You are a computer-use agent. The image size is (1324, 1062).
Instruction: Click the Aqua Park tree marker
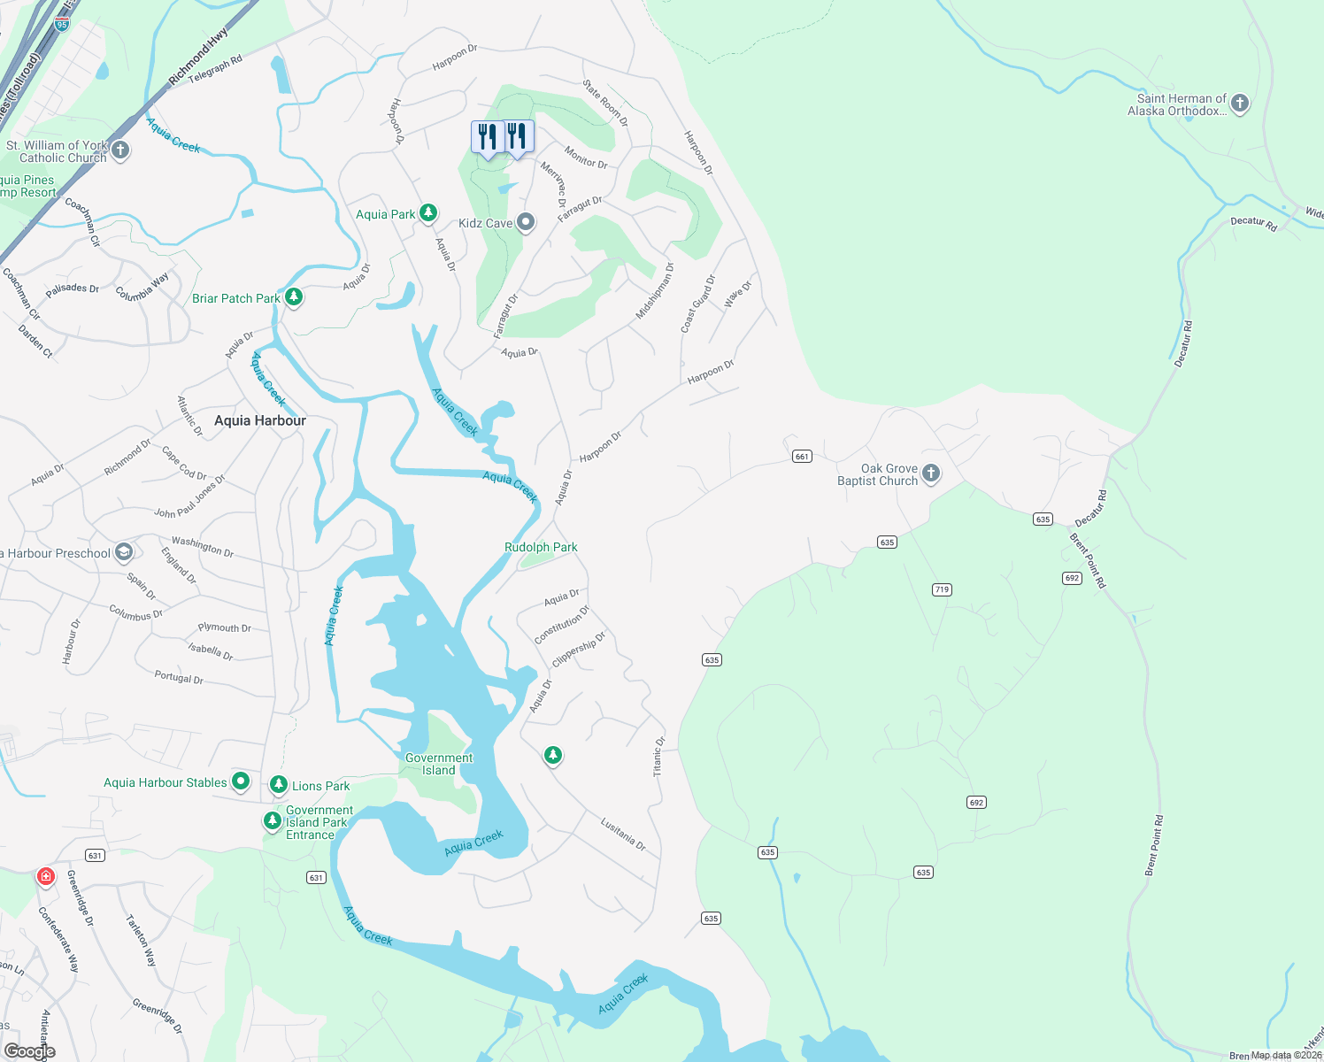click(x=428, y=212)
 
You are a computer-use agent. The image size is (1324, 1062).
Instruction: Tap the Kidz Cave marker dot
click(x=526, y=222)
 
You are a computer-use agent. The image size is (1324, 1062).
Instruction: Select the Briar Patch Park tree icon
click(x=294, y=296)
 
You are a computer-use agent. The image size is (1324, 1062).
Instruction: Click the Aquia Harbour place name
click(x=260, y=420)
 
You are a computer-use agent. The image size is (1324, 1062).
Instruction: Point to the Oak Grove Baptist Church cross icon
click(x=931, y=473)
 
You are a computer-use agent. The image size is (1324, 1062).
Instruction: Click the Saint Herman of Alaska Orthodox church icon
click(x=1240, y=104)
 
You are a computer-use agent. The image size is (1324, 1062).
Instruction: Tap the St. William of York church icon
click(x=121, y=150)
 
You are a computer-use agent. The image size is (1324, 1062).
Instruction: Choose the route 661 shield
click(x=802, y=457)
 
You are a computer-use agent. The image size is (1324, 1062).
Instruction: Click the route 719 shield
click(x=942, y=589)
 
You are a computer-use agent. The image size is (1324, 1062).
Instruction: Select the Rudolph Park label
click(x=541, y=548)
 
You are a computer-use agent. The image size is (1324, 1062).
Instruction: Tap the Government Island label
click(x=439, y=764)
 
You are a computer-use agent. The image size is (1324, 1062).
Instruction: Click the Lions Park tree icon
click(x=279, y=784)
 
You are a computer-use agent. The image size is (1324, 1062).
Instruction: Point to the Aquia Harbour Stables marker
click(x=241, y=781)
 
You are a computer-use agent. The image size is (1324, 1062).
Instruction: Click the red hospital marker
click(x=45, y=877)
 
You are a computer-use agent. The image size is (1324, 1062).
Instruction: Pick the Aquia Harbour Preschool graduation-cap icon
click(x=124, y=552)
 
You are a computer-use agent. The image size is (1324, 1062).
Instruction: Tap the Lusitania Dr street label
click(x=623, y=835)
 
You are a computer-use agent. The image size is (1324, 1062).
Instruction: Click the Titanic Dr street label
click(x=658, y=757)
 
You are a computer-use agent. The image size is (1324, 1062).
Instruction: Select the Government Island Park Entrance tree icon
click(x=272, y=821)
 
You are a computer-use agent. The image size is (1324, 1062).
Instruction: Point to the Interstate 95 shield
click(x=61, y=24)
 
